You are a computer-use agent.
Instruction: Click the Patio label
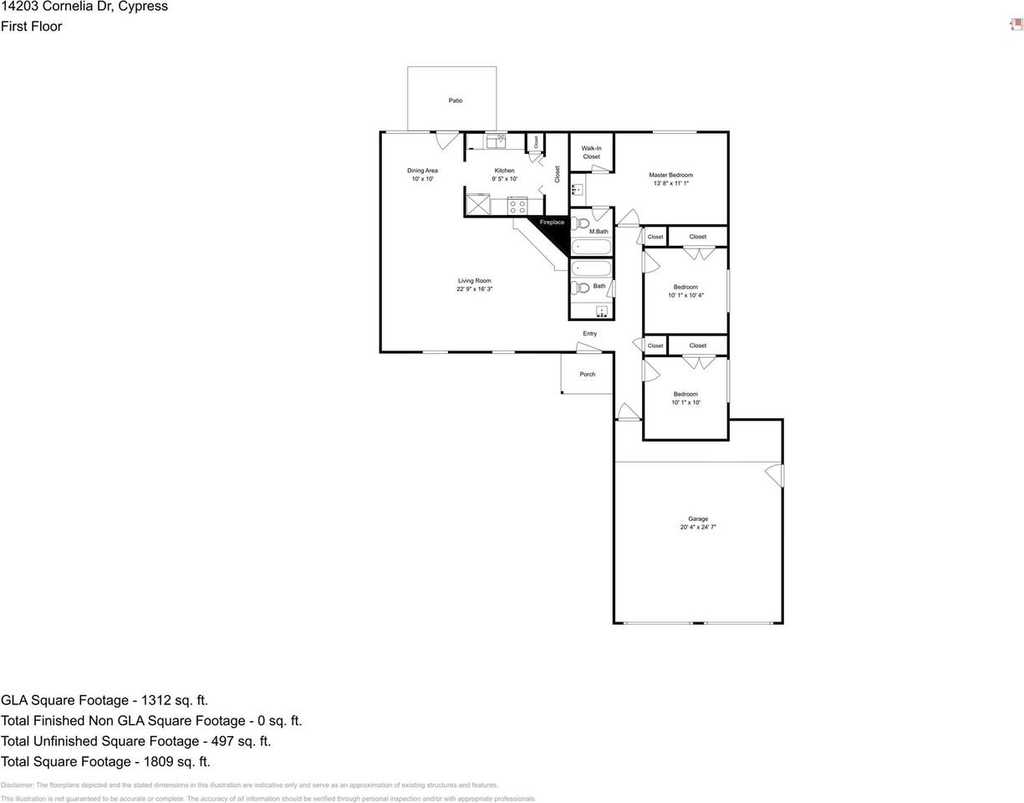pos(455,100)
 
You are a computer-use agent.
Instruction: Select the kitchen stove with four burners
pos(517,206)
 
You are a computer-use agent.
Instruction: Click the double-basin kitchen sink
pos(496,141)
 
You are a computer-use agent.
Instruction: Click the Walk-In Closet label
pos(591,152)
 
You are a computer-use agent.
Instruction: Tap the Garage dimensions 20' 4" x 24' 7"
pos(697,528)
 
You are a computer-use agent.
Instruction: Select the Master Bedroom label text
pos(670,175)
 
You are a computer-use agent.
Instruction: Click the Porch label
pos(588,374)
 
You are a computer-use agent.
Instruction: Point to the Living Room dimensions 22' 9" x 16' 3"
pos(474,289)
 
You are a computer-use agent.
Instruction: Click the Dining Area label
pos(422,171)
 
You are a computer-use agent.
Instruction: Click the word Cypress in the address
pos(141,7)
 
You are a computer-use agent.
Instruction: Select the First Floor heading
pos(31,27)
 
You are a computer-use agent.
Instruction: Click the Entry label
pos(589,334)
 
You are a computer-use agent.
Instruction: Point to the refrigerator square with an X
pos(478,205)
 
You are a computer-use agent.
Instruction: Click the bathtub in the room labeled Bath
pos(591,269)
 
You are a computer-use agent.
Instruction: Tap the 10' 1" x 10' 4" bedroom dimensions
pos(685,295)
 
